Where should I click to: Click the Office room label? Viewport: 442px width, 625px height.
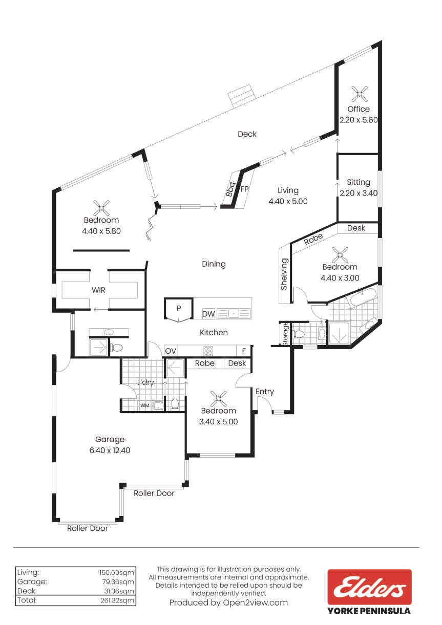point(359,109)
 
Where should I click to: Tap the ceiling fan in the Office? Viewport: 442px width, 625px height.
point(359,93)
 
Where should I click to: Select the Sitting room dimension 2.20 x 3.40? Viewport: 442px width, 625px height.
point(359,193)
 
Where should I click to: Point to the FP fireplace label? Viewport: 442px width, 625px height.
point(245,189)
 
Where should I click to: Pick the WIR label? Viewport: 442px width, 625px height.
point(98,290)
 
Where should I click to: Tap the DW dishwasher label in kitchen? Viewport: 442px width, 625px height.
point(208,314)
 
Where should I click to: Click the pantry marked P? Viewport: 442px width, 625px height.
point(179,309)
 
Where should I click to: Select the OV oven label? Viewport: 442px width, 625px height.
point(171,351)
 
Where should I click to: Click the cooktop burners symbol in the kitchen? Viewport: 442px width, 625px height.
point(208,351)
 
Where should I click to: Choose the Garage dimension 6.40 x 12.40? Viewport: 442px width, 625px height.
point(110,450)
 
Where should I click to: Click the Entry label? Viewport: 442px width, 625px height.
point(265,392)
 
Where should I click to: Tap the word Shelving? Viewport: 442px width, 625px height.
point(284,274)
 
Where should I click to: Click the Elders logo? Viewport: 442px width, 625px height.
point(369,587)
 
